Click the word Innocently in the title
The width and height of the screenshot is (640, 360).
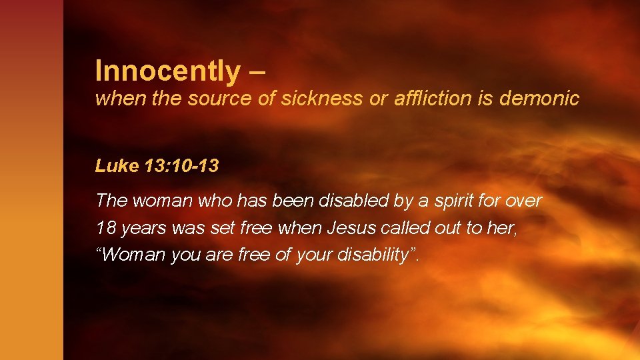coord(167,71)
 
